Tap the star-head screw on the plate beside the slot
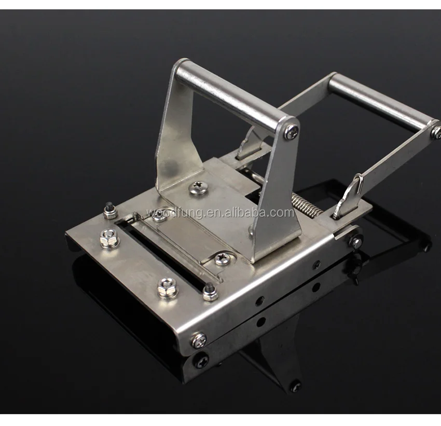222,257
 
